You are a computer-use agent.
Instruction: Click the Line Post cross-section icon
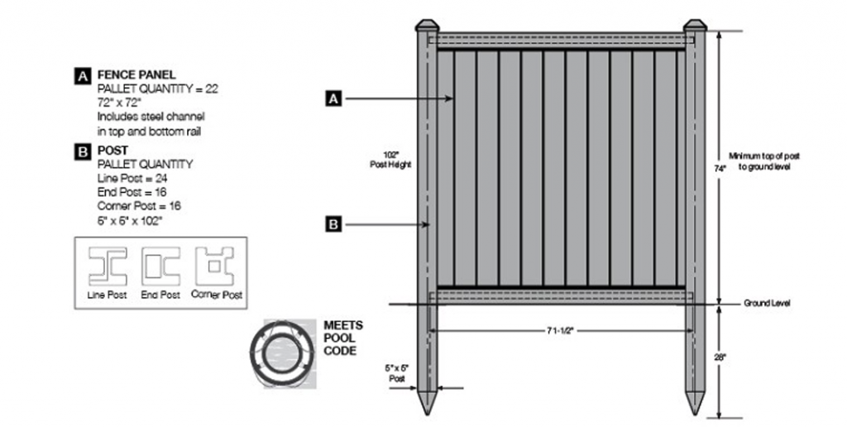click(108, 266)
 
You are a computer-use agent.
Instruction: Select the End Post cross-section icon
click(160, 266)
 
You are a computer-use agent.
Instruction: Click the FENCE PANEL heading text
click(136, 74)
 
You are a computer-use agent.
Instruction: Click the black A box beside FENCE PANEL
click(83, 76)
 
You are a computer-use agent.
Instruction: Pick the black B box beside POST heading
click(83, 151)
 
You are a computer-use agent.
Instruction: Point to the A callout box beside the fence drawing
click(333, 98)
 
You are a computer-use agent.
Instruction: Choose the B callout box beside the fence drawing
click(333, 223)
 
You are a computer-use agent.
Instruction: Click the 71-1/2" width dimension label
click(560, 330)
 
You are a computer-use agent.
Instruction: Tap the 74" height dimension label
click(720, 168)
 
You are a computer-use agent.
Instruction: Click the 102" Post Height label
click(390, 160)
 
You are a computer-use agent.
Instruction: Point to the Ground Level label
click(767, 304)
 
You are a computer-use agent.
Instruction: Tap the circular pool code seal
click(281, 353)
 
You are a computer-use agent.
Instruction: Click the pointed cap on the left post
click(427, 26)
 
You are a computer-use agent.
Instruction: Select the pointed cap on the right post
click(695, 26)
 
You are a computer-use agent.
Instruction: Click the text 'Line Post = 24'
click(132, 178)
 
